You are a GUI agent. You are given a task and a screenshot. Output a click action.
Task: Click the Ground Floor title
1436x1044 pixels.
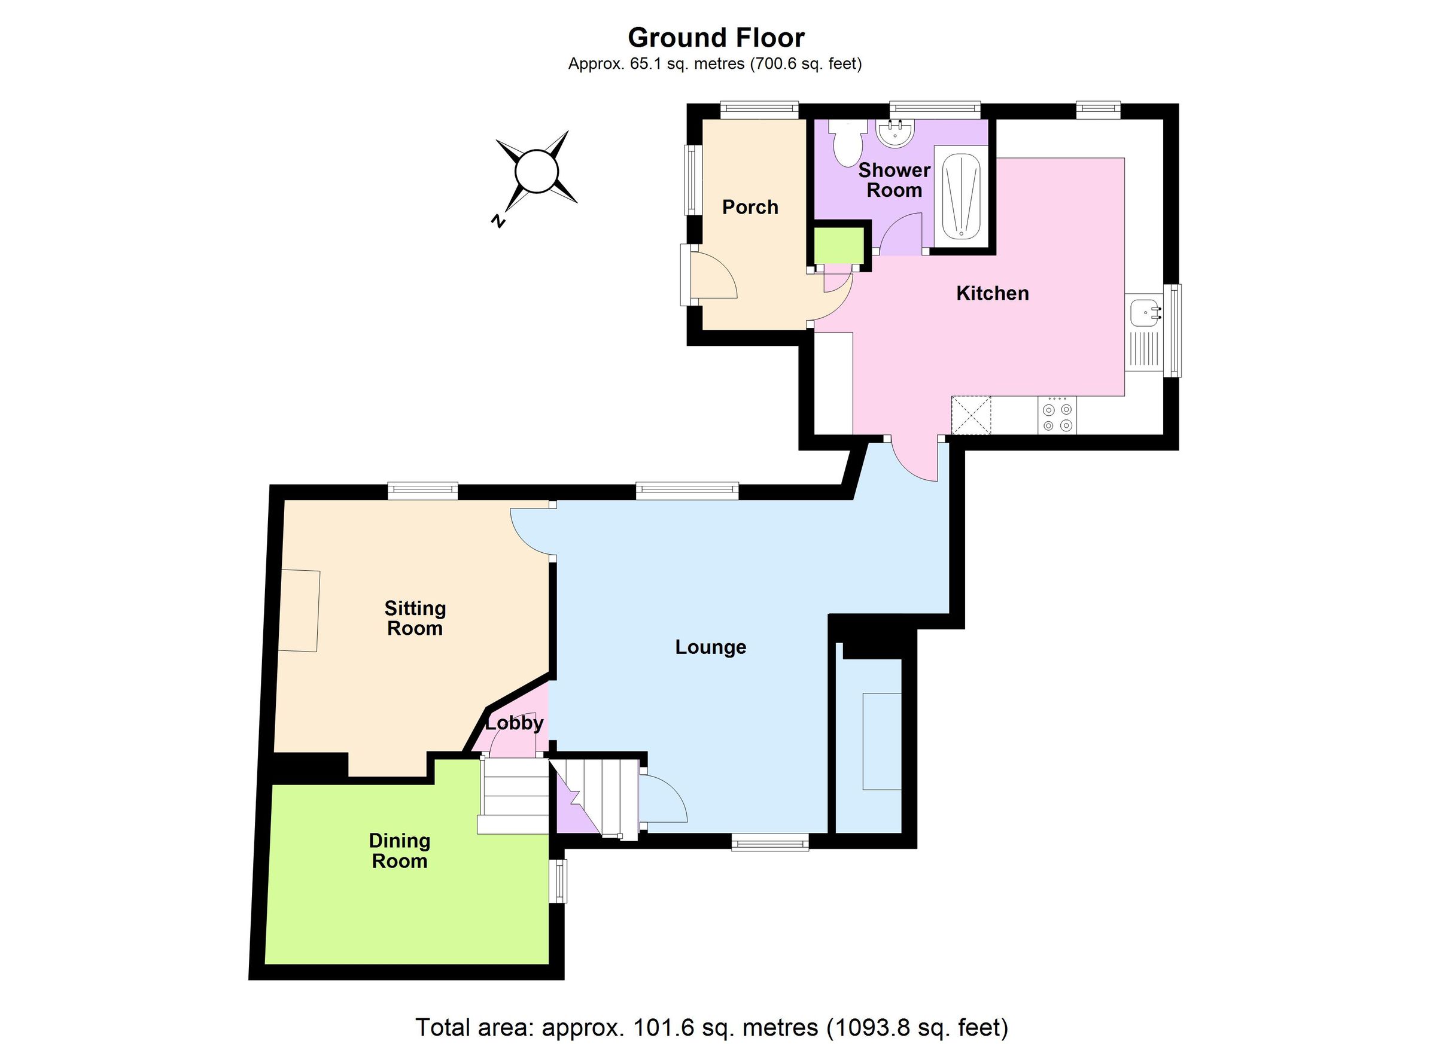click(716, 38)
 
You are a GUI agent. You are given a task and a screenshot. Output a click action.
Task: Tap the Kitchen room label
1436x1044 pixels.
click(991, 293)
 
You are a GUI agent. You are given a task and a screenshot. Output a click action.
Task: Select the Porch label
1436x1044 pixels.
click(750, 207)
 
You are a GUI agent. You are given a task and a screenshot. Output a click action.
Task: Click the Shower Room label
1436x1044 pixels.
click(893, 180)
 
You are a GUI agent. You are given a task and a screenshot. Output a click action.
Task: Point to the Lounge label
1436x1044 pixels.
click(710, 647)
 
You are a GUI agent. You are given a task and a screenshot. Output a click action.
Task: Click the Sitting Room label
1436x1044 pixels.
click(415, 618)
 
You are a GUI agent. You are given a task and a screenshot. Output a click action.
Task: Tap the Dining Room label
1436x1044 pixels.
click(400, 850)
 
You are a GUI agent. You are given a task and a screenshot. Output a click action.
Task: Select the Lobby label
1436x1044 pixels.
click(514, 723)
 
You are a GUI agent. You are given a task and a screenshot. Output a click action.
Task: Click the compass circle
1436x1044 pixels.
click(536, 171)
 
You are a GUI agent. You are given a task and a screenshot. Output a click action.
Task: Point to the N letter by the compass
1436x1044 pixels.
click(498, 221)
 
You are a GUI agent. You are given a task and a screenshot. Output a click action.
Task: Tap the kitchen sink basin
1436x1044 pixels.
click(1145, 312)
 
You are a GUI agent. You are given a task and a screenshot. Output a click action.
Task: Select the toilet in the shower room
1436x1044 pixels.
click(848, 142)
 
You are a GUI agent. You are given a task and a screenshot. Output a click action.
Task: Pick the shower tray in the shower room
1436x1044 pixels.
click(961, 196)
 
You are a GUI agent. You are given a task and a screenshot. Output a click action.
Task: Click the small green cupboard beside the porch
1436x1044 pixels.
click(838, 245)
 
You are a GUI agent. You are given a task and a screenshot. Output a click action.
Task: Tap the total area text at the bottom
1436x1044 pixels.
click(711, 1027)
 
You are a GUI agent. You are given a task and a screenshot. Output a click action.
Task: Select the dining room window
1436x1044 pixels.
click(559, 881)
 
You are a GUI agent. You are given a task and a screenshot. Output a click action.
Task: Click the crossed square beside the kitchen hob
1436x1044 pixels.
click(970, 415)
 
